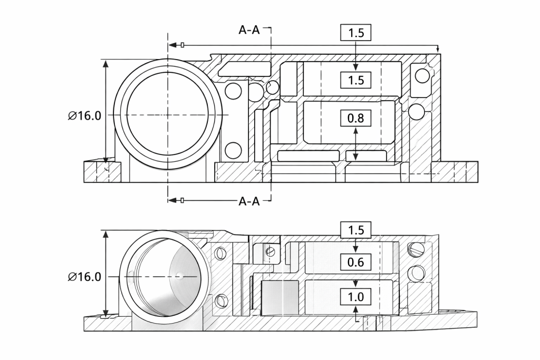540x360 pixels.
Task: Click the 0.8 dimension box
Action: pos(356,118)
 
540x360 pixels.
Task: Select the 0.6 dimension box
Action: pos(356,261)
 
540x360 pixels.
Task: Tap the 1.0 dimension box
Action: pos(356,297)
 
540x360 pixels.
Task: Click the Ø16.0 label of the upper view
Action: pos(84,116)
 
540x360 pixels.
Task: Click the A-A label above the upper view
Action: pos(249,30)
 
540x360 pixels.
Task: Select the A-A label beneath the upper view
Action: pos(249,201)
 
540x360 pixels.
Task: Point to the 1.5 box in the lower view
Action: pos(356,230)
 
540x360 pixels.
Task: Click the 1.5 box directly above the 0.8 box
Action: pos(356,80)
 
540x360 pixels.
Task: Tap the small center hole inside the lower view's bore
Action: pos(180,275)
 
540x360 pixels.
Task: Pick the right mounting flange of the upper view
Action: pos(456,172)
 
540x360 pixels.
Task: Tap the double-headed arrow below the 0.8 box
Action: pos(356,143)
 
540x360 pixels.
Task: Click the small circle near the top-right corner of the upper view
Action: pos(422,76)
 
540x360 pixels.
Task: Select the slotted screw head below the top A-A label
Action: pos(272,87)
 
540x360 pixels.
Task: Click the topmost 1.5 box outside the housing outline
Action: pos(356,33)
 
